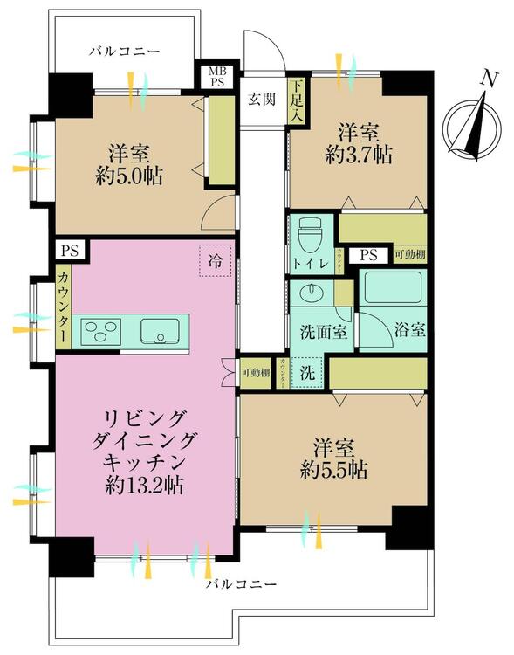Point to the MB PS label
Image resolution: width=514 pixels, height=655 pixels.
tap(214, 78)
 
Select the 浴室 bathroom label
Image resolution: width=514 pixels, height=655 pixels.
tap(408, 330)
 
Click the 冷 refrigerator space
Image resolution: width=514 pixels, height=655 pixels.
tap(215, 259)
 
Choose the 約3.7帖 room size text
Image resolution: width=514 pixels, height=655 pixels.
tap(358, 156)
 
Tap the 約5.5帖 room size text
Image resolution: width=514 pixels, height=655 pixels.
tap(332, 469)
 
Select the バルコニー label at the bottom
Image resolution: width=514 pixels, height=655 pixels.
tap(241, 583)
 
